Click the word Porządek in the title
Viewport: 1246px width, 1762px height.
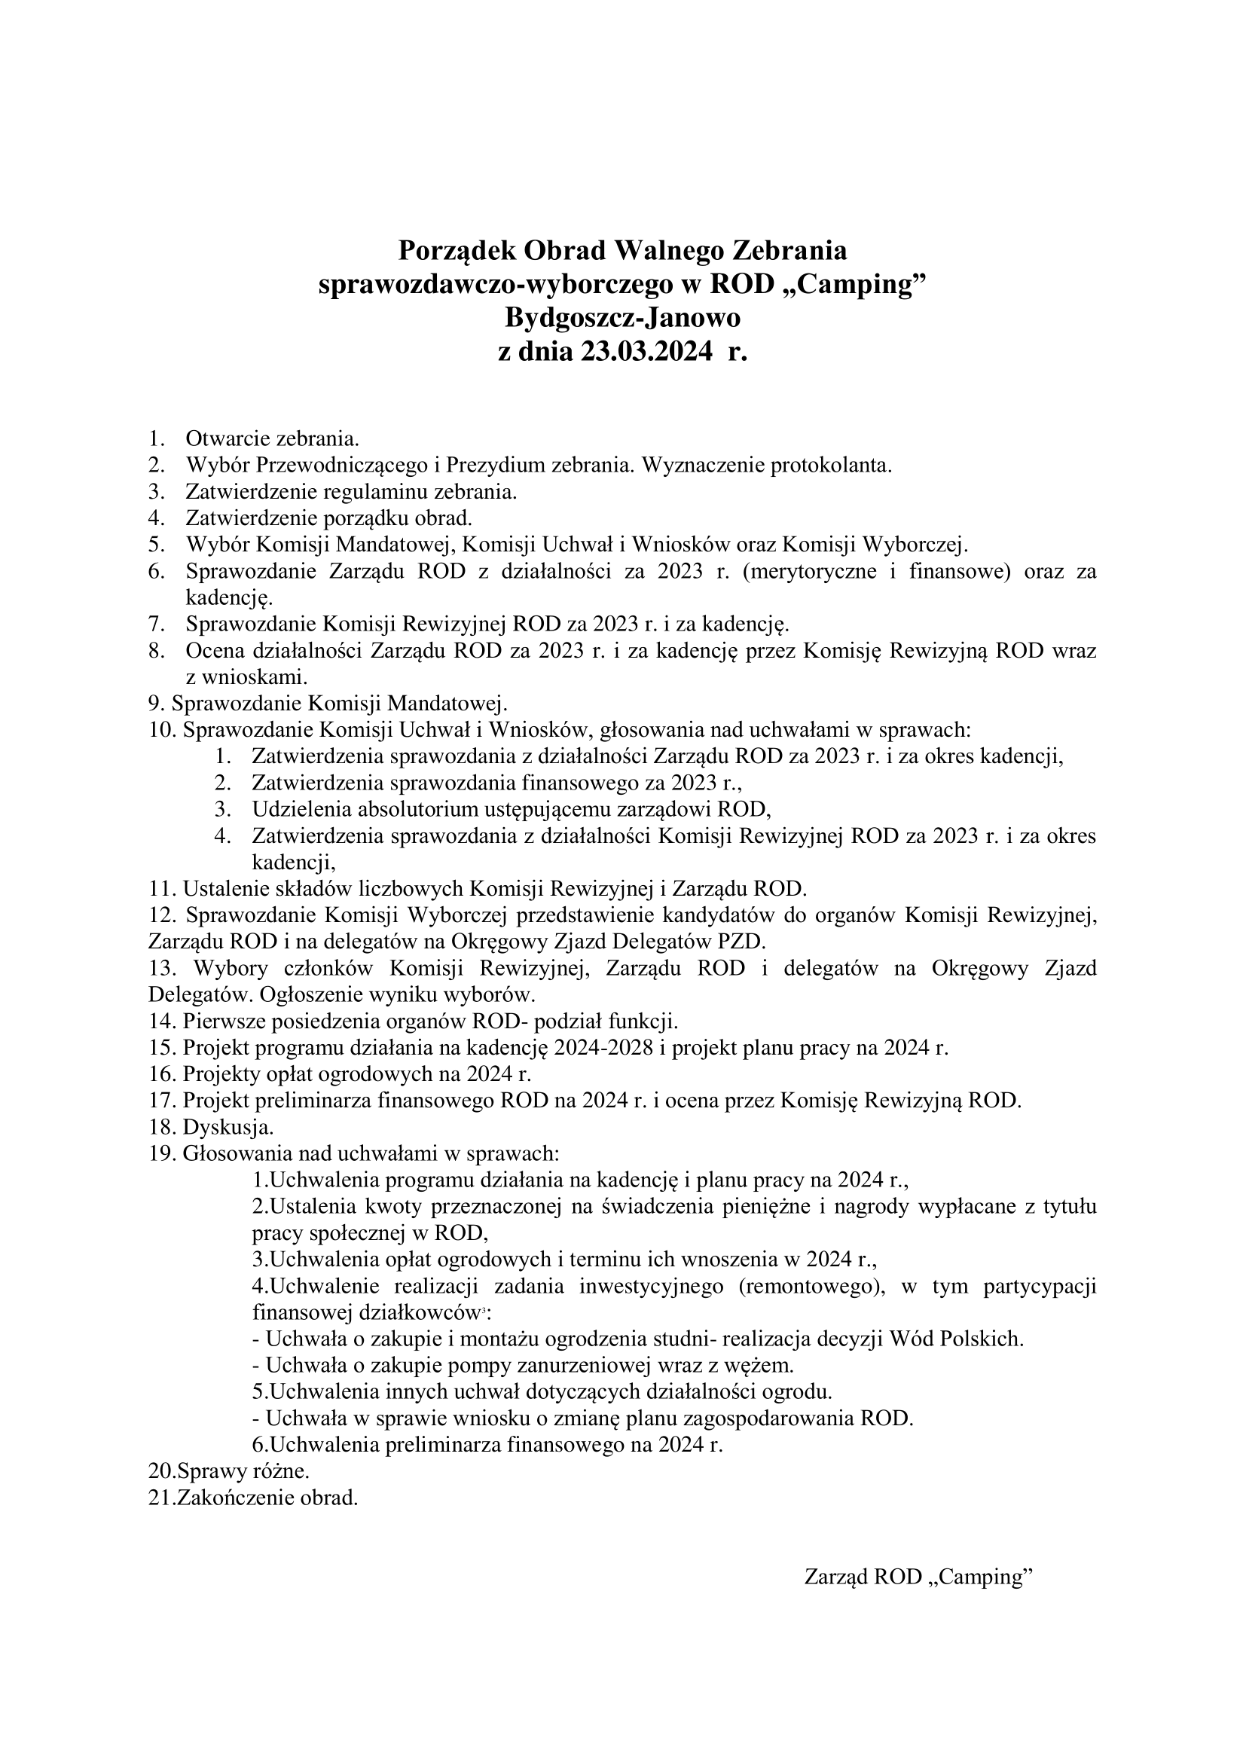456,250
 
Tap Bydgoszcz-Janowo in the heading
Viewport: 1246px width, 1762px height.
622,318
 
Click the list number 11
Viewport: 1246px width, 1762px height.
163,889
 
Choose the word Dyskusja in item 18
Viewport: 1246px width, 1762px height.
227,1128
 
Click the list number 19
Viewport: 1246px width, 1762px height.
163,1153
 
